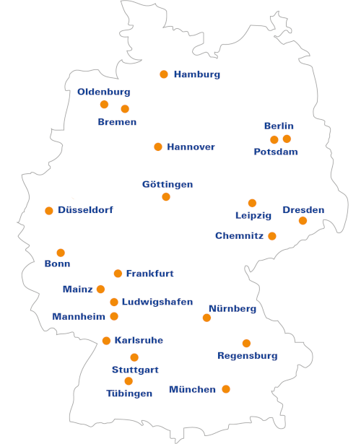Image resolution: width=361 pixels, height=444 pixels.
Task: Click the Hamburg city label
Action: coord(197,74)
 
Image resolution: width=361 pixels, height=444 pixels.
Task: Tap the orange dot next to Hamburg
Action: coord(164,74)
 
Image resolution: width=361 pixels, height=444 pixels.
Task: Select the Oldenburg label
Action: coord(104,92)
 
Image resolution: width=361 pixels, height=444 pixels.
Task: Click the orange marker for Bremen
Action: coord(125,109)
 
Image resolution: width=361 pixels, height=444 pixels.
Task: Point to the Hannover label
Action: coord(191,147)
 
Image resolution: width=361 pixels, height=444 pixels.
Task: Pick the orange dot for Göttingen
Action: coord(166,196)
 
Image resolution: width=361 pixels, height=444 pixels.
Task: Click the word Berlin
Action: coord(279,126)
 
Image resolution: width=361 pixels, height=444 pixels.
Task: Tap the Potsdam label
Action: coord(276,152)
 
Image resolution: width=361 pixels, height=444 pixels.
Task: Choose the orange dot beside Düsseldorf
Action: coord(49,211)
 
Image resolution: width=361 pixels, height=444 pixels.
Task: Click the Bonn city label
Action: coord(57,264)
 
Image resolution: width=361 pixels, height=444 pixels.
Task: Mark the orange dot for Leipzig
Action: coord(252,203)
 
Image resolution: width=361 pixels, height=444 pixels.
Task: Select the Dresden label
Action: coord(303,210)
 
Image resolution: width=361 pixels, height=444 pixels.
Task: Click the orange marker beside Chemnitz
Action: coord(272,236)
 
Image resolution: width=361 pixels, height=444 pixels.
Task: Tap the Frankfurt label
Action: coord(149,274)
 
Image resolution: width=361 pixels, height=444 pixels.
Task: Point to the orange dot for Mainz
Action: coord(100,289)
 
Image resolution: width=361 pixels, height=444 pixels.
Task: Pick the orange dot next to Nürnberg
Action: coord(206,318)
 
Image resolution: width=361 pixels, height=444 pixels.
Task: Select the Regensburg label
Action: coord(248,355)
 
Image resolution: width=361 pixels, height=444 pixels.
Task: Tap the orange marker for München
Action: coord(226,389)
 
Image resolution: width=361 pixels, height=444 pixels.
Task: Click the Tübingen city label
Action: coord(129,393)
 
